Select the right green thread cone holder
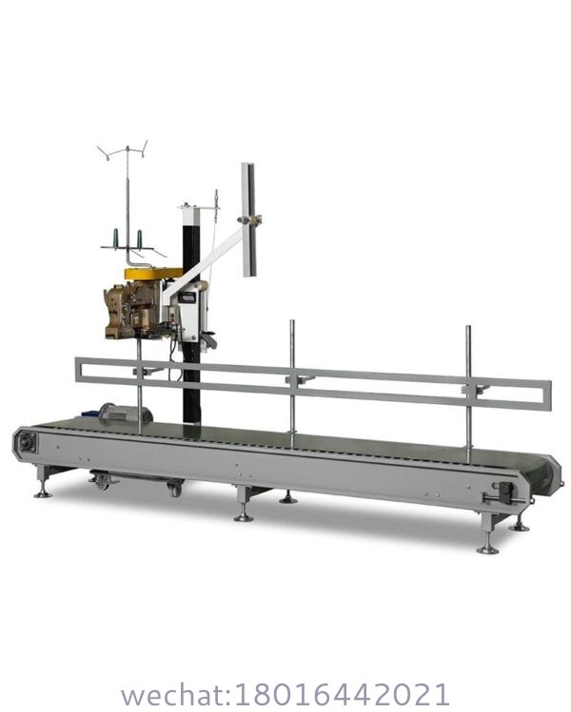(x=140, y=238)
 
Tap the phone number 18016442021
(x=351, y=692)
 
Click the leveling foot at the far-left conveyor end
(x=42, y=491)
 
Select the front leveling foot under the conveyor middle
(x=245, y=514)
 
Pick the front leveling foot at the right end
(x=487, y=546)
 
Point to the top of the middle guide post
(x=292, y=323)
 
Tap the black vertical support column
(x=192, y=380)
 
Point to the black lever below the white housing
(x=207, y=337)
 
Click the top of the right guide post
(x=467, y=329)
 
